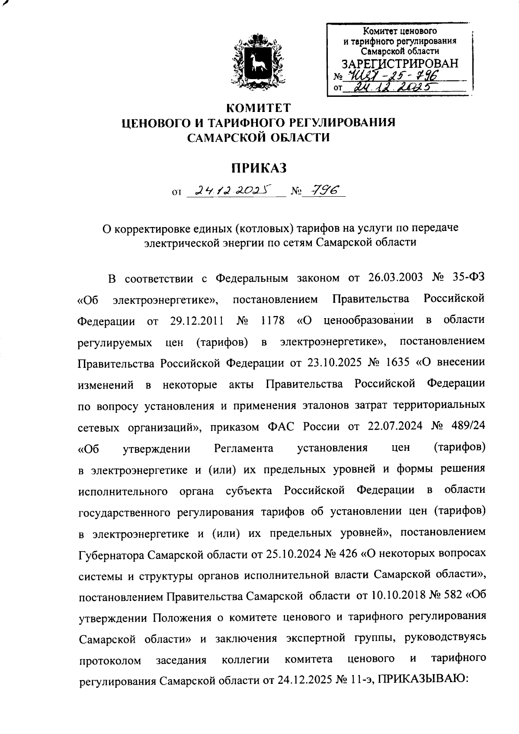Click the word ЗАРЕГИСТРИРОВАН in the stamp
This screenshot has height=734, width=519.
(x=400, y=64)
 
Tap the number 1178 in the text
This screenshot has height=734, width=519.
(x=273, y=320)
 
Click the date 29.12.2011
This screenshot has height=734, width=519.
(x=197, y=320)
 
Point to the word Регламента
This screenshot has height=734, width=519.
(x=243, y=448)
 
